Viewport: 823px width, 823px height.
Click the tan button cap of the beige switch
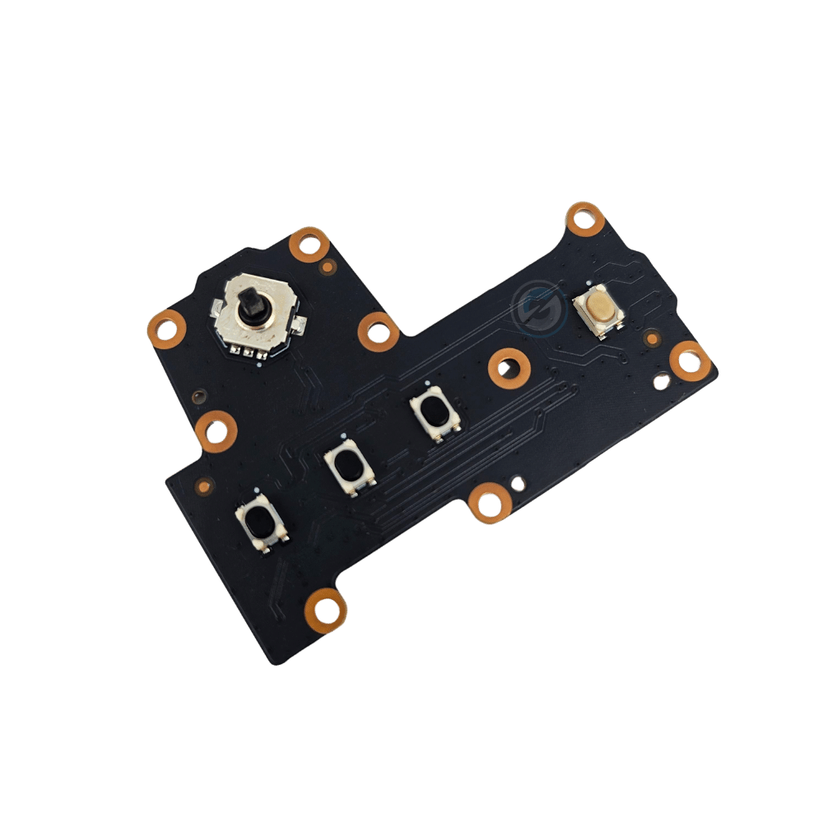[599, 308]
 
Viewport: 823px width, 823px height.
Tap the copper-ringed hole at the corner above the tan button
[585, 220]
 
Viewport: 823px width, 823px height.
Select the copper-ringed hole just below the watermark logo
[508, 367]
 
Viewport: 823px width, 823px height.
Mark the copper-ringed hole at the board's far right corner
[689, 359]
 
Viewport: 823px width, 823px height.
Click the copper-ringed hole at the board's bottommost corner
[329, 607]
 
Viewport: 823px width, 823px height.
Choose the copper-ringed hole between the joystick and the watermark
[379, 331]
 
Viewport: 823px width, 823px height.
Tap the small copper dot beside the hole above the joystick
[328, 266]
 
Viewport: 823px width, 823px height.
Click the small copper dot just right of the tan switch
[652, 337]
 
